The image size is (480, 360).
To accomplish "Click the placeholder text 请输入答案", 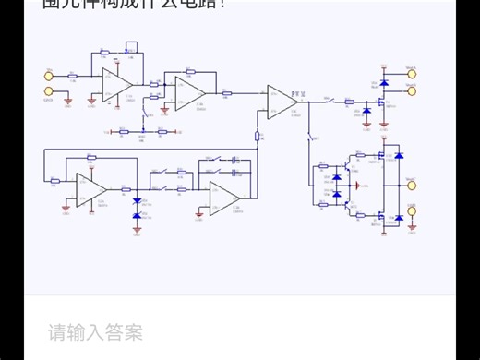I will tap(96, 332).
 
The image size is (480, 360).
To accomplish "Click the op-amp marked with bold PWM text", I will tap(280, 100).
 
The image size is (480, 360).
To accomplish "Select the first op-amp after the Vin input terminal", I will tap(115, 84).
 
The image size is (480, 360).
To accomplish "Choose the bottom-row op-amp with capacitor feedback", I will tap(223, 197).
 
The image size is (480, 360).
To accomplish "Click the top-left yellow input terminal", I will tap(48, 75).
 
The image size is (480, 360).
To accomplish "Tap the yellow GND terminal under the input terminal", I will tap(48, 90).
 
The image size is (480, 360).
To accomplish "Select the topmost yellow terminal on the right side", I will tap(412, 73).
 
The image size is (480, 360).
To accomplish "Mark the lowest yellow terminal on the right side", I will tap(412, 211).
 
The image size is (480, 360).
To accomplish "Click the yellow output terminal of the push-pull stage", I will tap(412, 184).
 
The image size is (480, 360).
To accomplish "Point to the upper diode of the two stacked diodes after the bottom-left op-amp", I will tap(137, 201).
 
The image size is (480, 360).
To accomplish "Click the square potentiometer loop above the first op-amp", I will tap(130, 47).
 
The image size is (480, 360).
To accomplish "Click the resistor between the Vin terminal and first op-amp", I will tap(73, 76).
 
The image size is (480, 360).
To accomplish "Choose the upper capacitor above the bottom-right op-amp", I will tap(236, 161).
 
